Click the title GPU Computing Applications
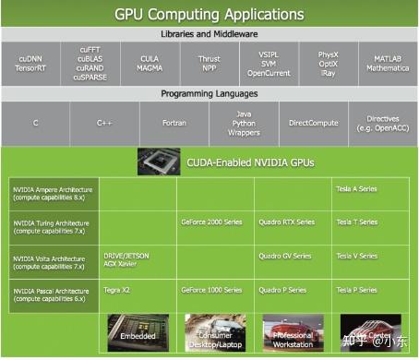pos(209,15)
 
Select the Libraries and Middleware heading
pos(209,35)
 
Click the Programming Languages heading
pos(209,93)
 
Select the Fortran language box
pos(174,122)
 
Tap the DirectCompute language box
pos(314,122)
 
